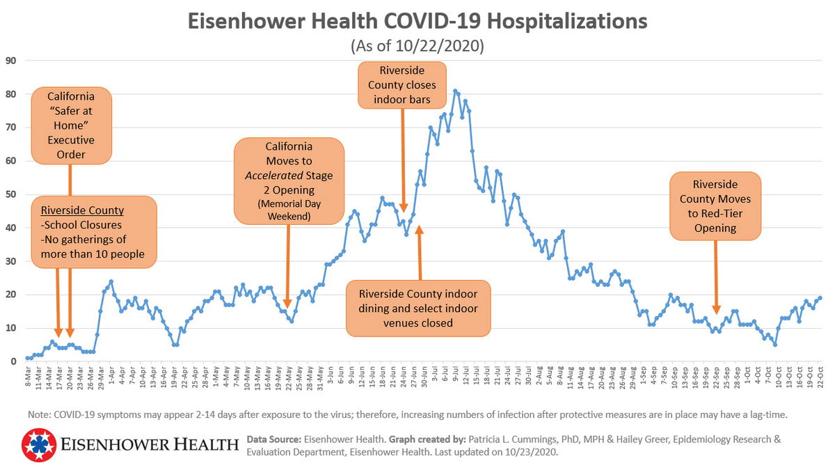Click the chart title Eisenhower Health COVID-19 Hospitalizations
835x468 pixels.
pos(417,22)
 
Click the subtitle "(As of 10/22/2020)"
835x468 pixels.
pos(417,47)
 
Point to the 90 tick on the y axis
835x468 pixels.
pos(10,60)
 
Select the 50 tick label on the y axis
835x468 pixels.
pos(10,194)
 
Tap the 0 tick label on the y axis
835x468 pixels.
pos(13,361)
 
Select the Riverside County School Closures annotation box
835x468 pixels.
pos(93,233)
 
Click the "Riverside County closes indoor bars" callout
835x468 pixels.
pos(401,85)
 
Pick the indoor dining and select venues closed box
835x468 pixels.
pos(417,307)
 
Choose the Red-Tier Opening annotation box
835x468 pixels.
pos(715,206)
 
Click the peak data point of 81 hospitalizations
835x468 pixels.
pos(454,91)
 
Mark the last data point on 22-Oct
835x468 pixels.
pos(820,298)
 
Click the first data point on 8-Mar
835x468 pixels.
pos(27,358)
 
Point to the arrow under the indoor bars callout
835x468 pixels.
pos(404,160)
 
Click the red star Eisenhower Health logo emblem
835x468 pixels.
pos(39,446)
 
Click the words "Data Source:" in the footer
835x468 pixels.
pos(273,439)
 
